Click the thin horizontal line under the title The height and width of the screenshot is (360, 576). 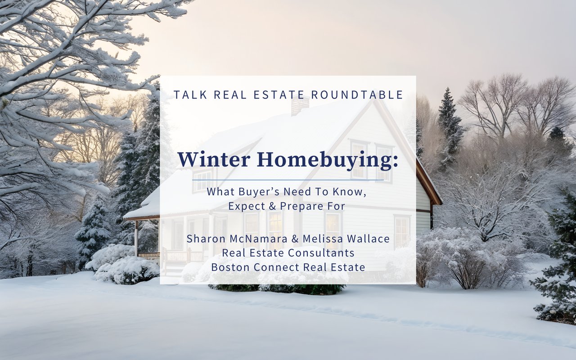click(288, 180)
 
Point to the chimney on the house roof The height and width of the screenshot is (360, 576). click(300, 106)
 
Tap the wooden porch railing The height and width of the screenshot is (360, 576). click(148, 256)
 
